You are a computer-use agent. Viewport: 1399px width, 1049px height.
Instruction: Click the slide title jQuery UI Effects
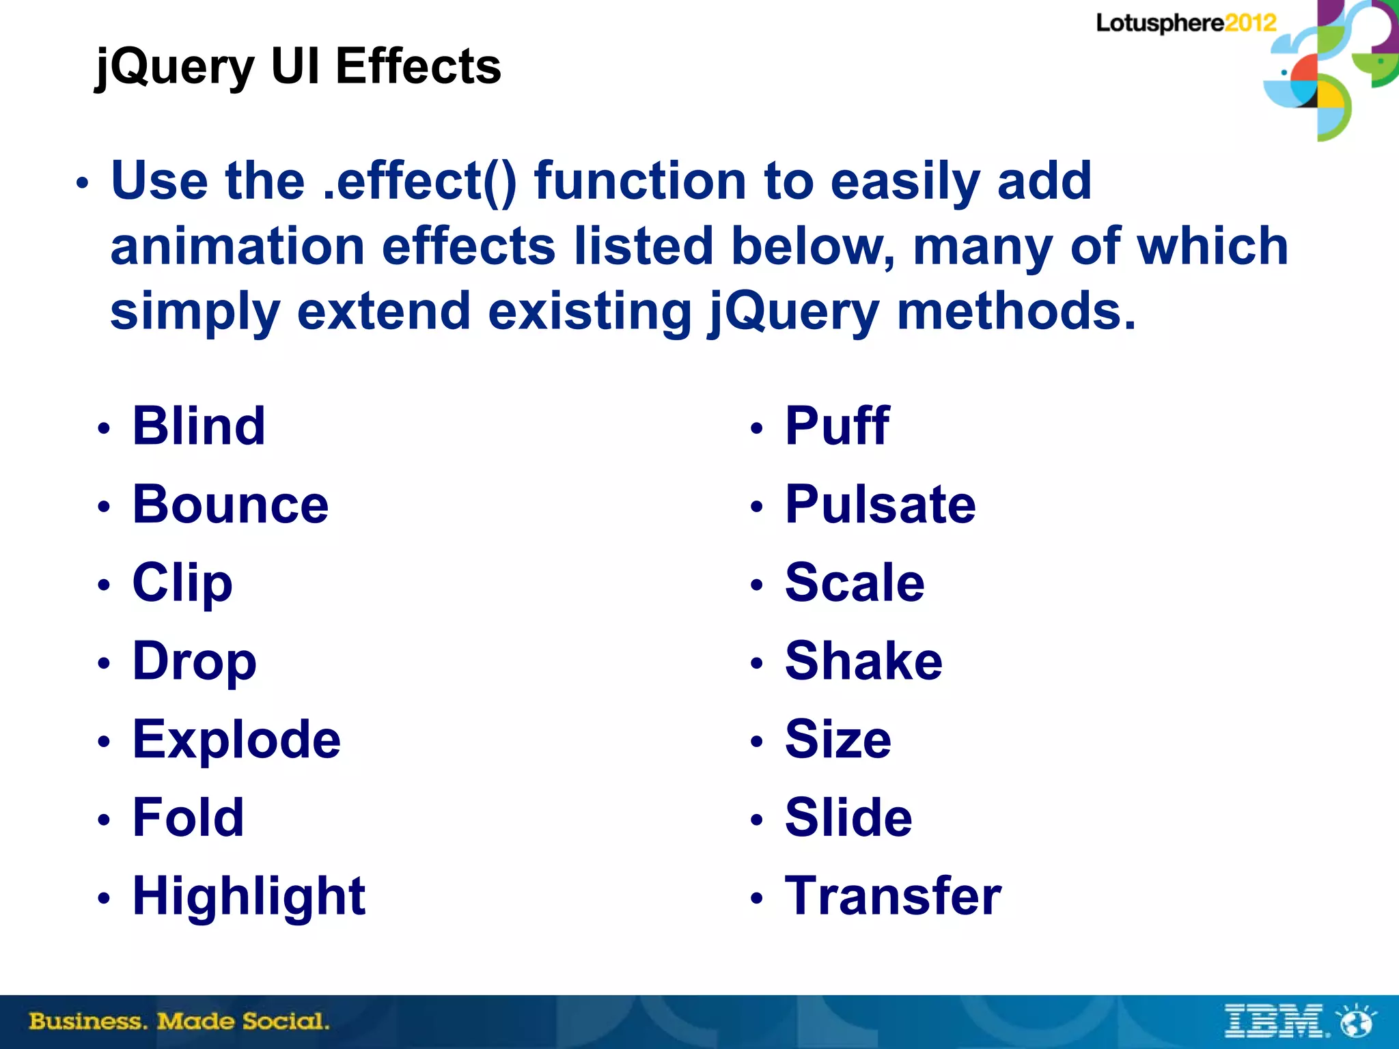point(299,67)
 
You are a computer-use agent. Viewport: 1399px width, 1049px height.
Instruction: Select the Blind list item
point(199,426)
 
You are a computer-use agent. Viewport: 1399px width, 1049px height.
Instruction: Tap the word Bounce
point(231,505)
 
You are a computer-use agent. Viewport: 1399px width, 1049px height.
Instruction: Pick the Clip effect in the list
point(182,583)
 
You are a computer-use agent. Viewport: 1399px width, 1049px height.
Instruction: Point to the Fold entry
point(188,817)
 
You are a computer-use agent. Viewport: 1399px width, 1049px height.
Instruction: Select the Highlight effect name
point(249,896)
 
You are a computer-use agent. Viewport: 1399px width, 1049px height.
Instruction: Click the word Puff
point(837,426)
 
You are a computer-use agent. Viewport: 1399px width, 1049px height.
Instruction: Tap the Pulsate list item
point(881,505)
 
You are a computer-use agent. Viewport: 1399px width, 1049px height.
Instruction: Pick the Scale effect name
point(855,583)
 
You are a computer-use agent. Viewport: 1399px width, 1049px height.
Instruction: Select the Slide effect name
point(848,817)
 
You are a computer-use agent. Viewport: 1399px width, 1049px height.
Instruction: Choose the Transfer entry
point(893,896)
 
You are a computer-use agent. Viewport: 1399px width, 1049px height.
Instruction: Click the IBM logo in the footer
point(1275,1021)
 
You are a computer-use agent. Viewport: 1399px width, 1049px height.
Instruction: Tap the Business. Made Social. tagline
point(179,1022)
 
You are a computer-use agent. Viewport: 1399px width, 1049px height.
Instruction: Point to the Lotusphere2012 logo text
point(1186,23)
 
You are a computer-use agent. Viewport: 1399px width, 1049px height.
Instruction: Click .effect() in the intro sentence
point(419,182)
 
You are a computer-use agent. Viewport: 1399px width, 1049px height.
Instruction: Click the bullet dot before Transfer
point(756,897)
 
